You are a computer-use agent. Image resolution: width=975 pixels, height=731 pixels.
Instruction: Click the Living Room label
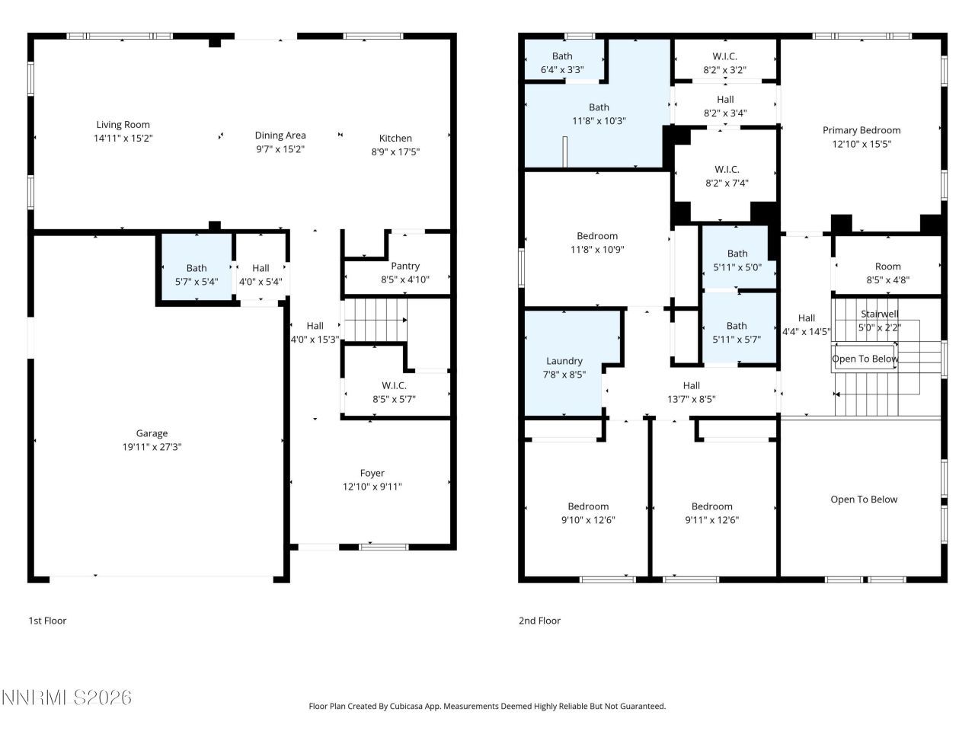tap(123, 125)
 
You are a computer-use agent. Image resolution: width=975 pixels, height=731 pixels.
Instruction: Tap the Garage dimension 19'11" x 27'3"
tap(152, 447)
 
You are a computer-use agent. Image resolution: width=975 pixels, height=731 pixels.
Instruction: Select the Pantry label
tap(405, 266)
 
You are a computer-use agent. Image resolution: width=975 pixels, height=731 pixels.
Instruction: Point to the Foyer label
tap(372, 473)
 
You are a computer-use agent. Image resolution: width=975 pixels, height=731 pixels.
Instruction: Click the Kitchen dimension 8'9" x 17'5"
tap(395, 152)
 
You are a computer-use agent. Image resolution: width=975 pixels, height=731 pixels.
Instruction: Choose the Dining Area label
tap(280, 136)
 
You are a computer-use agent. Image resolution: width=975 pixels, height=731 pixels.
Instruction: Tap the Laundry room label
tap(564, 361)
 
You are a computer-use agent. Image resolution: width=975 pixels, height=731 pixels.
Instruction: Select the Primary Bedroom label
tap(861, 130)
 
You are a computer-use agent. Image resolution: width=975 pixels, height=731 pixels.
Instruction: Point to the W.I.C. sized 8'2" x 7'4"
tap(727, 176)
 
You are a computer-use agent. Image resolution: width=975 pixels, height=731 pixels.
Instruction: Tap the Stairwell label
tap(879, 314)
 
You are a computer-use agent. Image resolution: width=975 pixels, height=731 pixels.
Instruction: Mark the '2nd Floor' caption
tap(539, 621)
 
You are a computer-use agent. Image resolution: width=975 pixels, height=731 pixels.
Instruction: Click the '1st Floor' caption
tap(47, 621)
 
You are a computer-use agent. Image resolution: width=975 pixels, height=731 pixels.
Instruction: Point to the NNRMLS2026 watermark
tap(66, 697)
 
